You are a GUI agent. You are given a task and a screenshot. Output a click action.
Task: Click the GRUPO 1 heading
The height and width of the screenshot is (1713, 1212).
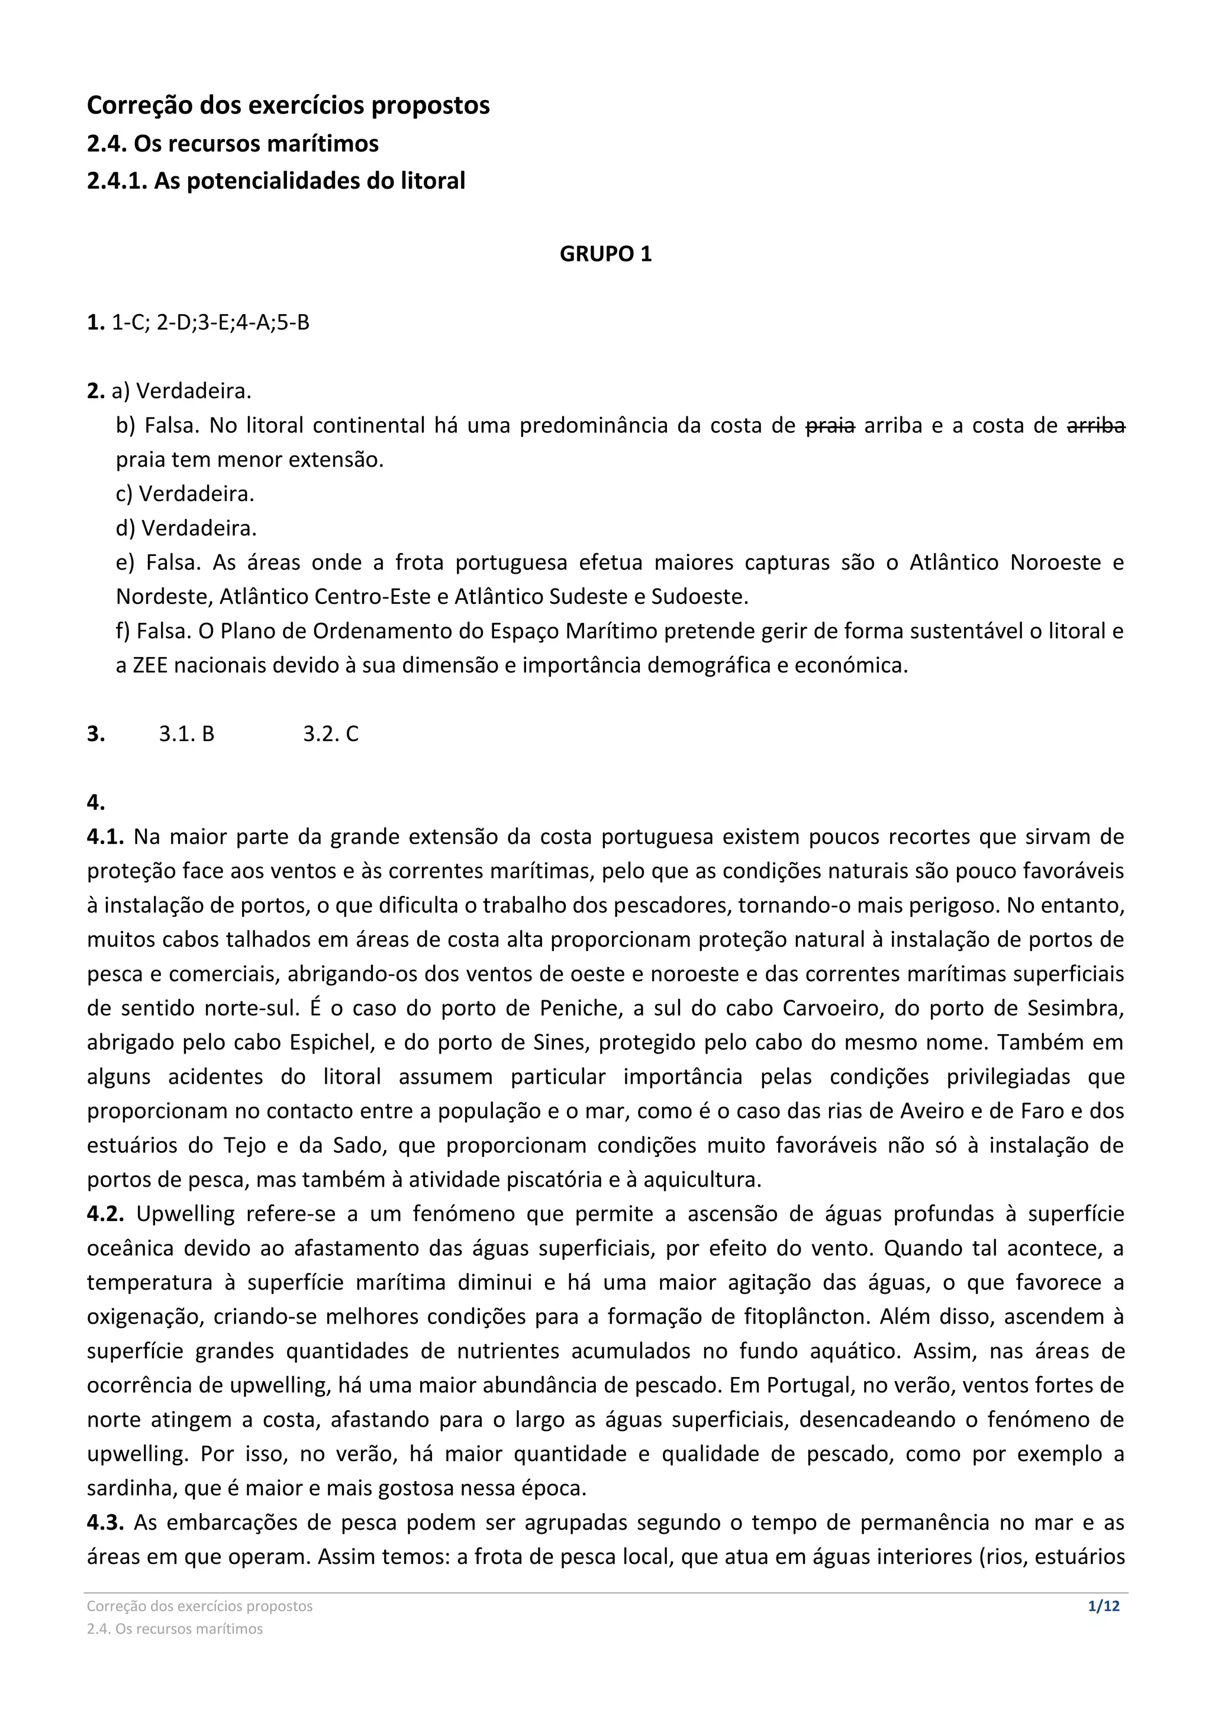pos(605,254)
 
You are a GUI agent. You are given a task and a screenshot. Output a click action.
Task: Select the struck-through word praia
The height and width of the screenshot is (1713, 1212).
pos(831,426)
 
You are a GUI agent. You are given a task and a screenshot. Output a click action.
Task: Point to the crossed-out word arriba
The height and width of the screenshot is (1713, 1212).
pos(1095,426)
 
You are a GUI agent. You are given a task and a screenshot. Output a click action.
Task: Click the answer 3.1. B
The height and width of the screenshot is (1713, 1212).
pos(186,734)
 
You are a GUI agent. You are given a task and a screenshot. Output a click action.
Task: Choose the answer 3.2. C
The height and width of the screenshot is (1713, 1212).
pos(331,734)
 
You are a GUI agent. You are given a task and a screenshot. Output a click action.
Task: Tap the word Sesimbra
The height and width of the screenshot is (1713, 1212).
pos(1075,1009)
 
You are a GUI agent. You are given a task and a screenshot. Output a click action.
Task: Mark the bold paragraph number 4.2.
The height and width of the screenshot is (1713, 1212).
pos(105,1214)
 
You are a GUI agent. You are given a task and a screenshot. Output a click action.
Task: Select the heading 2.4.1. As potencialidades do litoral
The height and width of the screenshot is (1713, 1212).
pos(276,180)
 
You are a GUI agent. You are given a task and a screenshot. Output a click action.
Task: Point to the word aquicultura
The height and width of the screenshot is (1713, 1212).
pos(701,1180)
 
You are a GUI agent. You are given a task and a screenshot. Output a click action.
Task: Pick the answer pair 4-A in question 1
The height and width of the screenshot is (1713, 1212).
pos(254,323)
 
